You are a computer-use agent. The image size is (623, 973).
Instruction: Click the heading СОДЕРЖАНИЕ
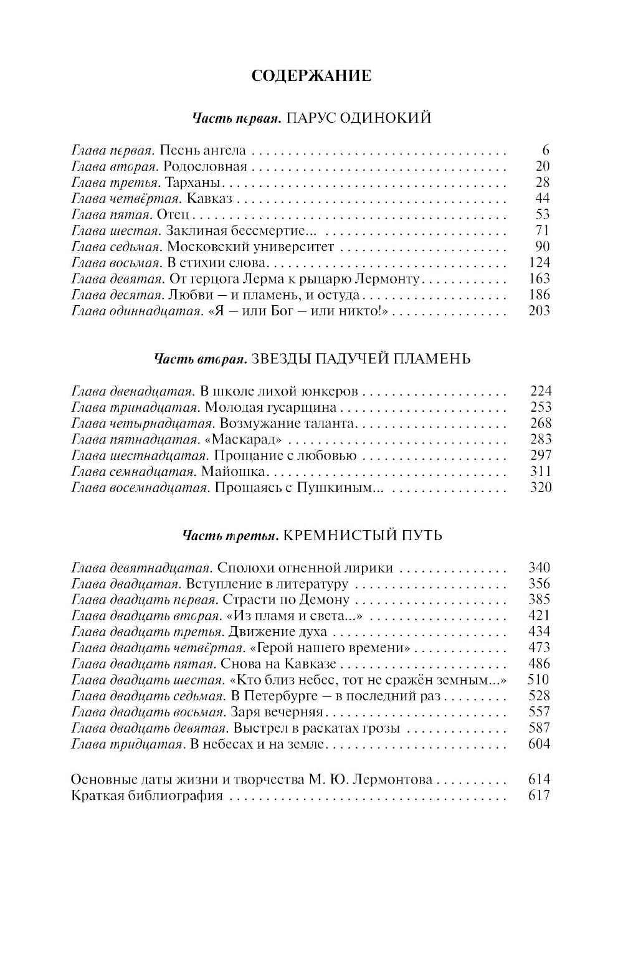click(x=311, y=76)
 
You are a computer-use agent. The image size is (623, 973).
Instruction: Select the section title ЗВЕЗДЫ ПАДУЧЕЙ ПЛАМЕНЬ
click(x=359, y=359)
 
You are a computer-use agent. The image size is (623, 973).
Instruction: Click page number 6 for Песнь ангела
click(x=546, y=150)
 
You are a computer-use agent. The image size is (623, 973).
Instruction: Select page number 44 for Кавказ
click(x=543, y=199)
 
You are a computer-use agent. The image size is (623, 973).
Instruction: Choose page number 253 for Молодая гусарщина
click(x=540, y=407)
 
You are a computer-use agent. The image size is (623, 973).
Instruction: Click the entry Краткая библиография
click(x=147, y=795)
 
